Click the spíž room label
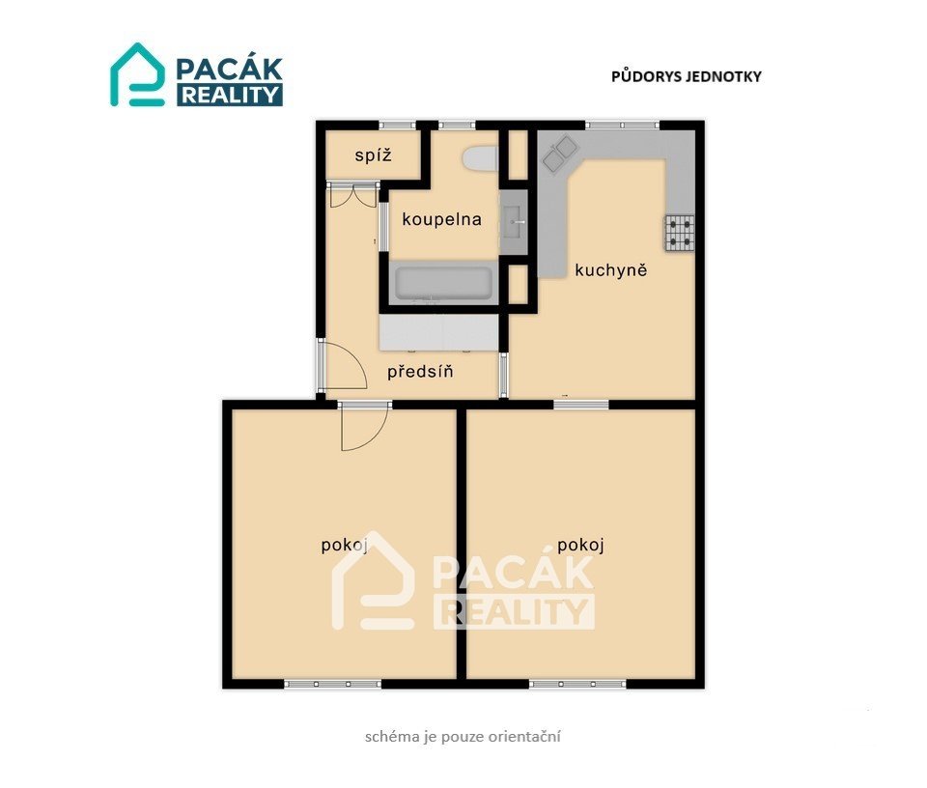[x=373, y=155]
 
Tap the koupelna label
[x=441, y=219]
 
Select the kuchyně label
[x=610, y=270]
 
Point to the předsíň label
[x=420, y=371]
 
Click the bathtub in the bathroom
[x=443, y=283]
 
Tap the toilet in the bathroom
[x=480, y=158]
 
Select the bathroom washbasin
[x=514, y=222]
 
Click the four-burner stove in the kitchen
[x=679, y=233]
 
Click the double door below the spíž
[x=353, y=196]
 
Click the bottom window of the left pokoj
[x=333, y=684]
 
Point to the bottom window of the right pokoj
[x=577, y=684]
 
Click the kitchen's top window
[x=622, y=125]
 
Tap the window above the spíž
[x=397, y=125]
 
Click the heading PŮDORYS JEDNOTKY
[x=687, y=76]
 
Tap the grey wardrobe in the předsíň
[x=438, y=332]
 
